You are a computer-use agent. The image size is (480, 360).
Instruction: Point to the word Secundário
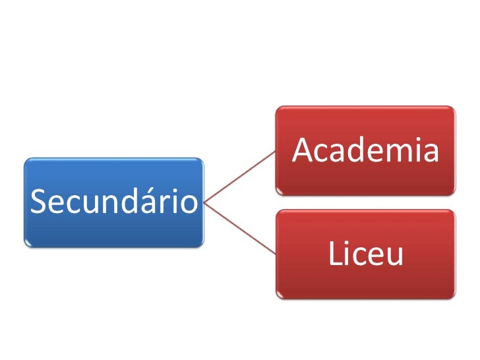pos(114,201)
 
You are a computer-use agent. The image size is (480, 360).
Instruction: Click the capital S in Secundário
pos(38,202)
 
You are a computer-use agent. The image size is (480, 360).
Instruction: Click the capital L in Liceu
pos(335,255)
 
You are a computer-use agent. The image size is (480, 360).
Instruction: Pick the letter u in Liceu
pos(394,256)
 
